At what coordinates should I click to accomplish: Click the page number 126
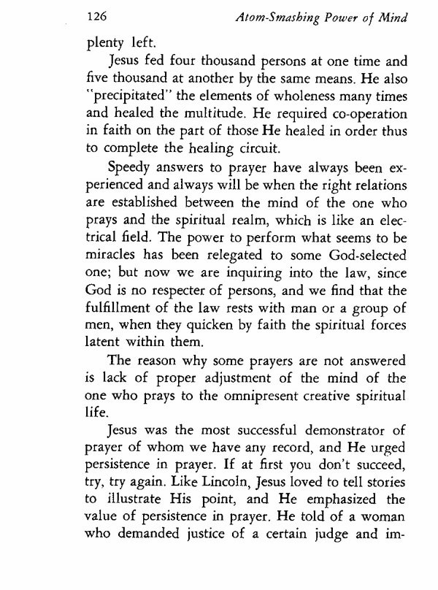click(x=97, y=15)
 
